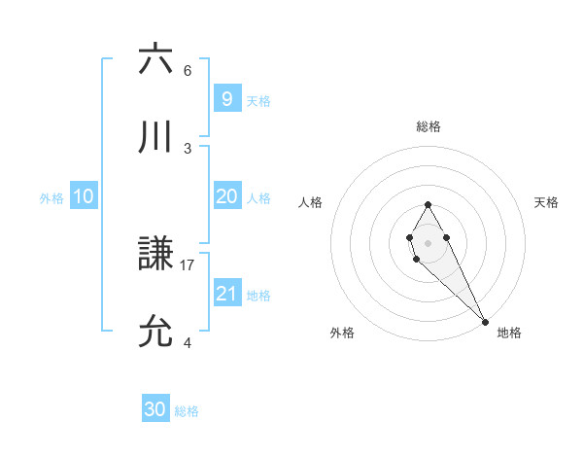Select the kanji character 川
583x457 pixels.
(155, 137)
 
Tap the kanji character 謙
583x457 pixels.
(155, 255)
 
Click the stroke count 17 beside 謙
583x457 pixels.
(188, 264)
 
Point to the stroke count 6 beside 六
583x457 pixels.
(188, 71)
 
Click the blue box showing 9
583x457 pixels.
(226, 98)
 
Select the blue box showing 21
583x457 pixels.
(226, 294)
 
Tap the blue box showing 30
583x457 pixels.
(155, 409)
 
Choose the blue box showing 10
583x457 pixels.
(83, 197)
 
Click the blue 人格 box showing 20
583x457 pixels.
(226, 196)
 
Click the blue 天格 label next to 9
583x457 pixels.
(258, 100)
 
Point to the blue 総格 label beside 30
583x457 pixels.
(187, 411)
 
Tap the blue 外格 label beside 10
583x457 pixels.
(51, 198)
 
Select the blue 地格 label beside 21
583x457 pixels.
(258, 296)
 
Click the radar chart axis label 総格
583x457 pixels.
(428, 126)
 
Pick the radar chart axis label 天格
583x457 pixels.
(547, 202)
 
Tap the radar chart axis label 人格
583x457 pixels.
(310, 202)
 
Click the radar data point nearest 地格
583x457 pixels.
(485, 322)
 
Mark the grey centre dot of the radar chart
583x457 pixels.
(428, 241)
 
